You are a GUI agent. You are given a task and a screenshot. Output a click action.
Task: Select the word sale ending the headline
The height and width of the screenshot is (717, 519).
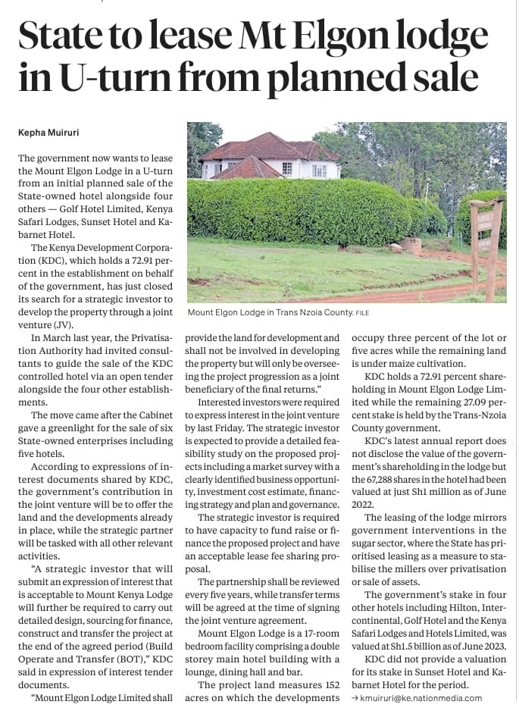(x=439, y=78)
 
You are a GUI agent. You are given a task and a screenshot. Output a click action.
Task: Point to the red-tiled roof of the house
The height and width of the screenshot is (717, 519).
(x=258, y=149)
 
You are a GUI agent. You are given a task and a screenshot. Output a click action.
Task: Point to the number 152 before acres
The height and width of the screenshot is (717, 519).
(x=326, y=698)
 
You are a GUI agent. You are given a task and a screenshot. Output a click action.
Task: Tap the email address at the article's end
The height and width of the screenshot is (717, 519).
(x=423, y=698)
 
